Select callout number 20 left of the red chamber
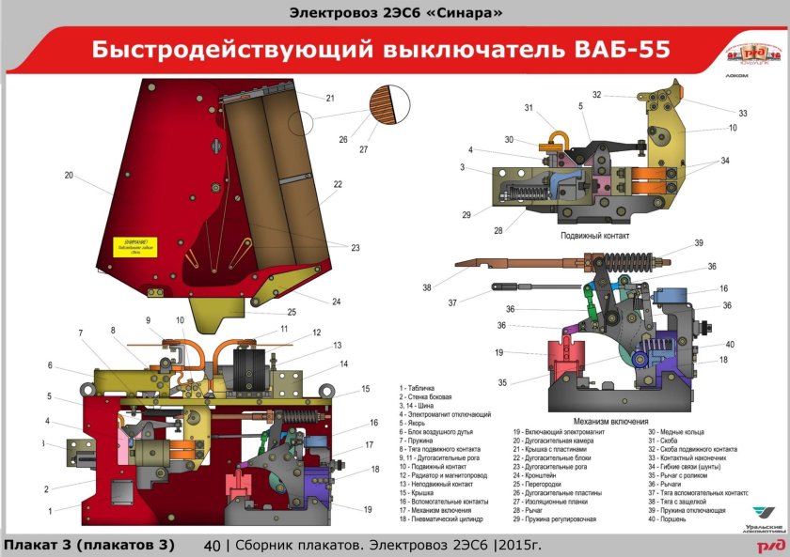(x=69, y=176)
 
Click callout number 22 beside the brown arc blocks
(x=338, y=184)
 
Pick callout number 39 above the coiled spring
(x=699, y=243)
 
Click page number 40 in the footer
(x=212, y=546)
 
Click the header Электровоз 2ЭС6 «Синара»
(x=394, y=12)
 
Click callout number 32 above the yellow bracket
(x=597, y=95)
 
